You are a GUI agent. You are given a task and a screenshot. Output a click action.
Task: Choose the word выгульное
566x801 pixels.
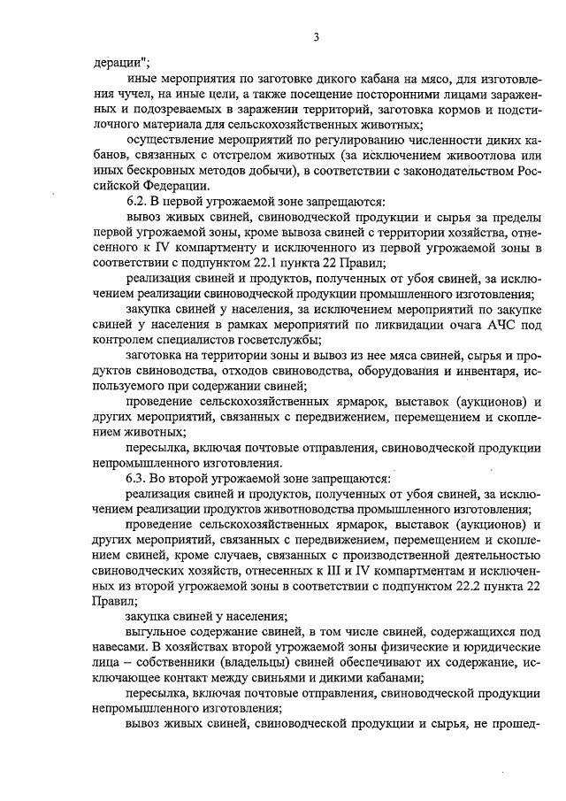158,631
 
